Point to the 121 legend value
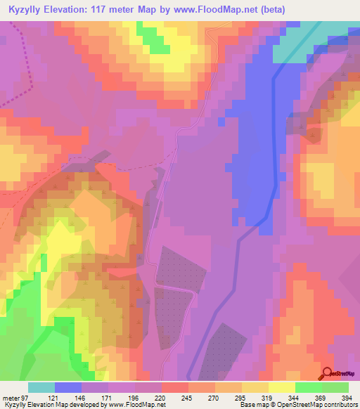(53, 397)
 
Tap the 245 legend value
(186, 397)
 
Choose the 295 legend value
(240, 397)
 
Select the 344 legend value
(293, 397)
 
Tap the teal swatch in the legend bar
(41, 387)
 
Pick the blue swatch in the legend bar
(68, 387)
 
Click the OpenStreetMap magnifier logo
(328, 375)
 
